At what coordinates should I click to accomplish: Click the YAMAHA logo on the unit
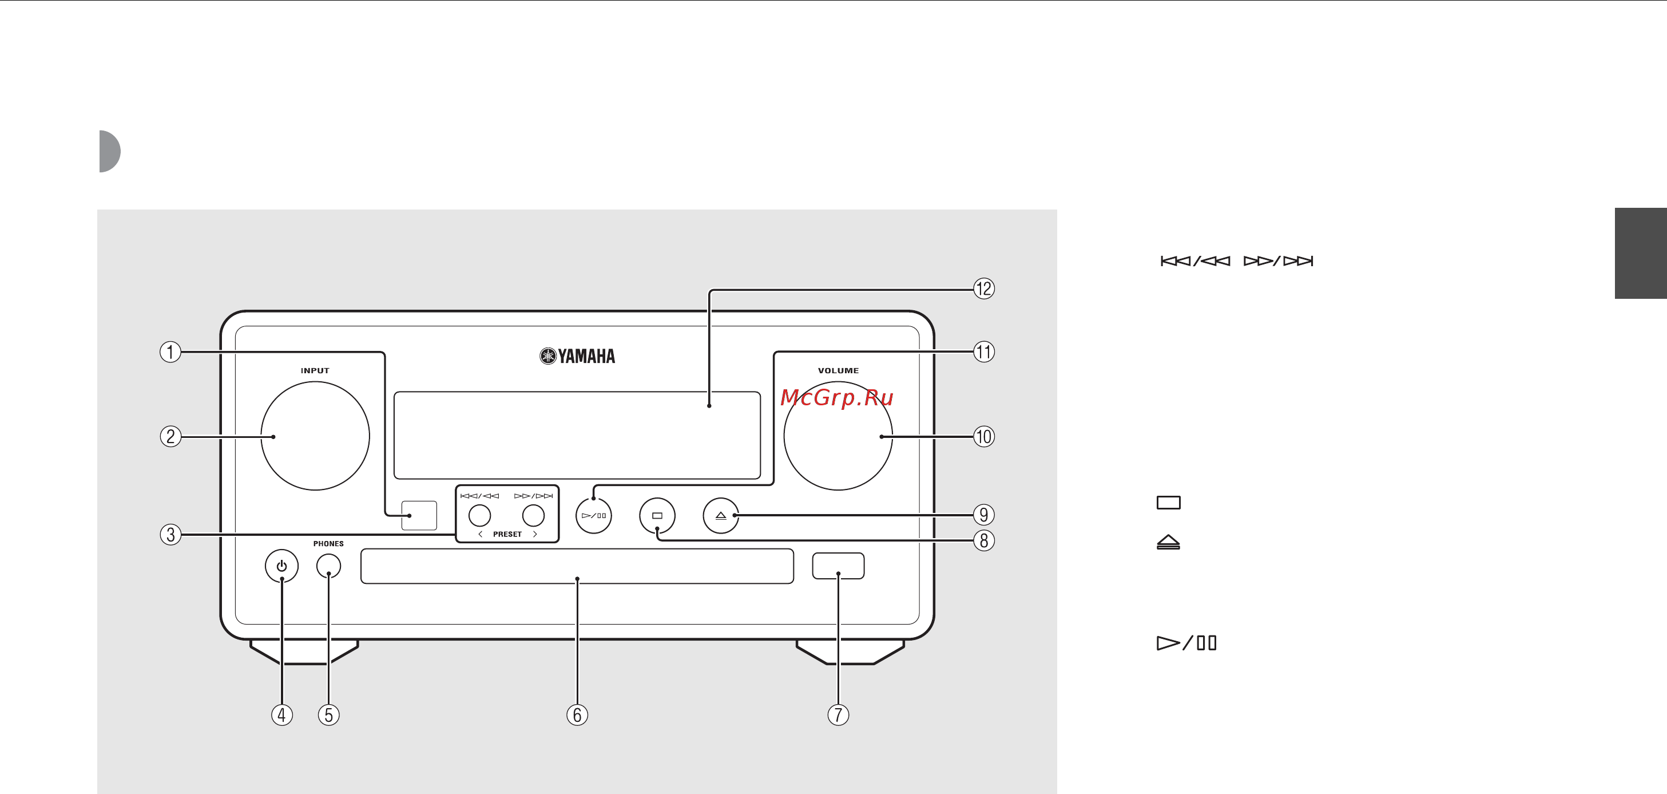click(577, 356)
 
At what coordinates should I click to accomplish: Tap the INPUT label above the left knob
click(315, 370)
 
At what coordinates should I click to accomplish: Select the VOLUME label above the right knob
click(838, 370)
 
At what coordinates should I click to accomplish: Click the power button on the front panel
click(281, 566)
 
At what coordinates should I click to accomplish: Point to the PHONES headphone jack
click(329, 566)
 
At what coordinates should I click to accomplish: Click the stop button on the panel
click(657, 516)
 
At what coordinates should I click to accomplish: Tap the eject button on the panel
click(720, 516)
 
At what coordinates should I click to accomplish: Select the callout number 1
click(170, 351)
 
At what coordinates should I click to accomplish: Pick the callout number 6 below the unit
click(577, 715)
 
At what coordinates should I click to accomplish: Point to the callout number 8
click(983, 540)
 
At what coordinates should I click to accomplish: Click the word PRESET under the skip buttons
click(507, 534)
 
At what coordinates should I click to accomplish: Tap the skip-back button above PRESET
click(479, 516)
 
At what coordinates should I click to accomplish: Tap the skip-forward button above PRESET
click(533, 516)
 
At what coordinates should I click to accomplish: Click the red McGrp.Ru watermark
click(837, 397)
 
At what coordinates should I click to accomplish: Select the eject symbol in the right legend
click(1168, 542)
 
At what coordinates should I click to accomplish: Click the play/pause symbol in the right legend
click(1186, 642)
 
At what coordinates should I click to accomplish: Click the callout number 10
click(983, 437)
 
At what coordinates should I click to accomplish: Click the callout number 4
click(281, 715)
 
